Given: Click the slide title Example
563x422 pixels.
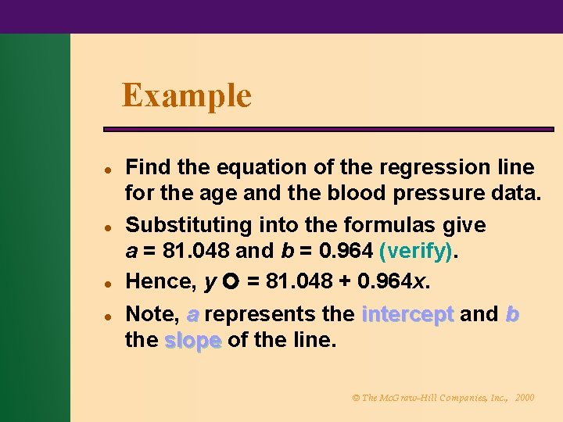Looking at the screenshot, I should pyautogui.click(x=187, y=96).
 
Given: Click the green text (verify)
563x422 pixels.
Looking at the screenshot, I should pyautogui.click(x=415, y=251).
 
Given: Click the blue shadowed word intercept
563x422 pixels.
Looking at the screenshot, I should pyautogui.click(x=408, y=314).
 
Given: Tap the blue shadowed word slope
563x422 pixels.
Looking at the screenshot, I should pyautogui.click(x=193, y=340).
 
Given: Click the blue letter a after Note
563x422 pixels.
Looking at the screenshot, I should pyautogui.click(x=192, y=314).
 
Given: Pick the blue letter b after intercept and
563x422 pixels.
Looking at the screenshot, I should pyautogui.click(x=511, y=314).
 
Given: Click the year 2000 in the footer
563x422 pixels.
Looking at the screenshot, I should pyautogui.click(x=525, y=398).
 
